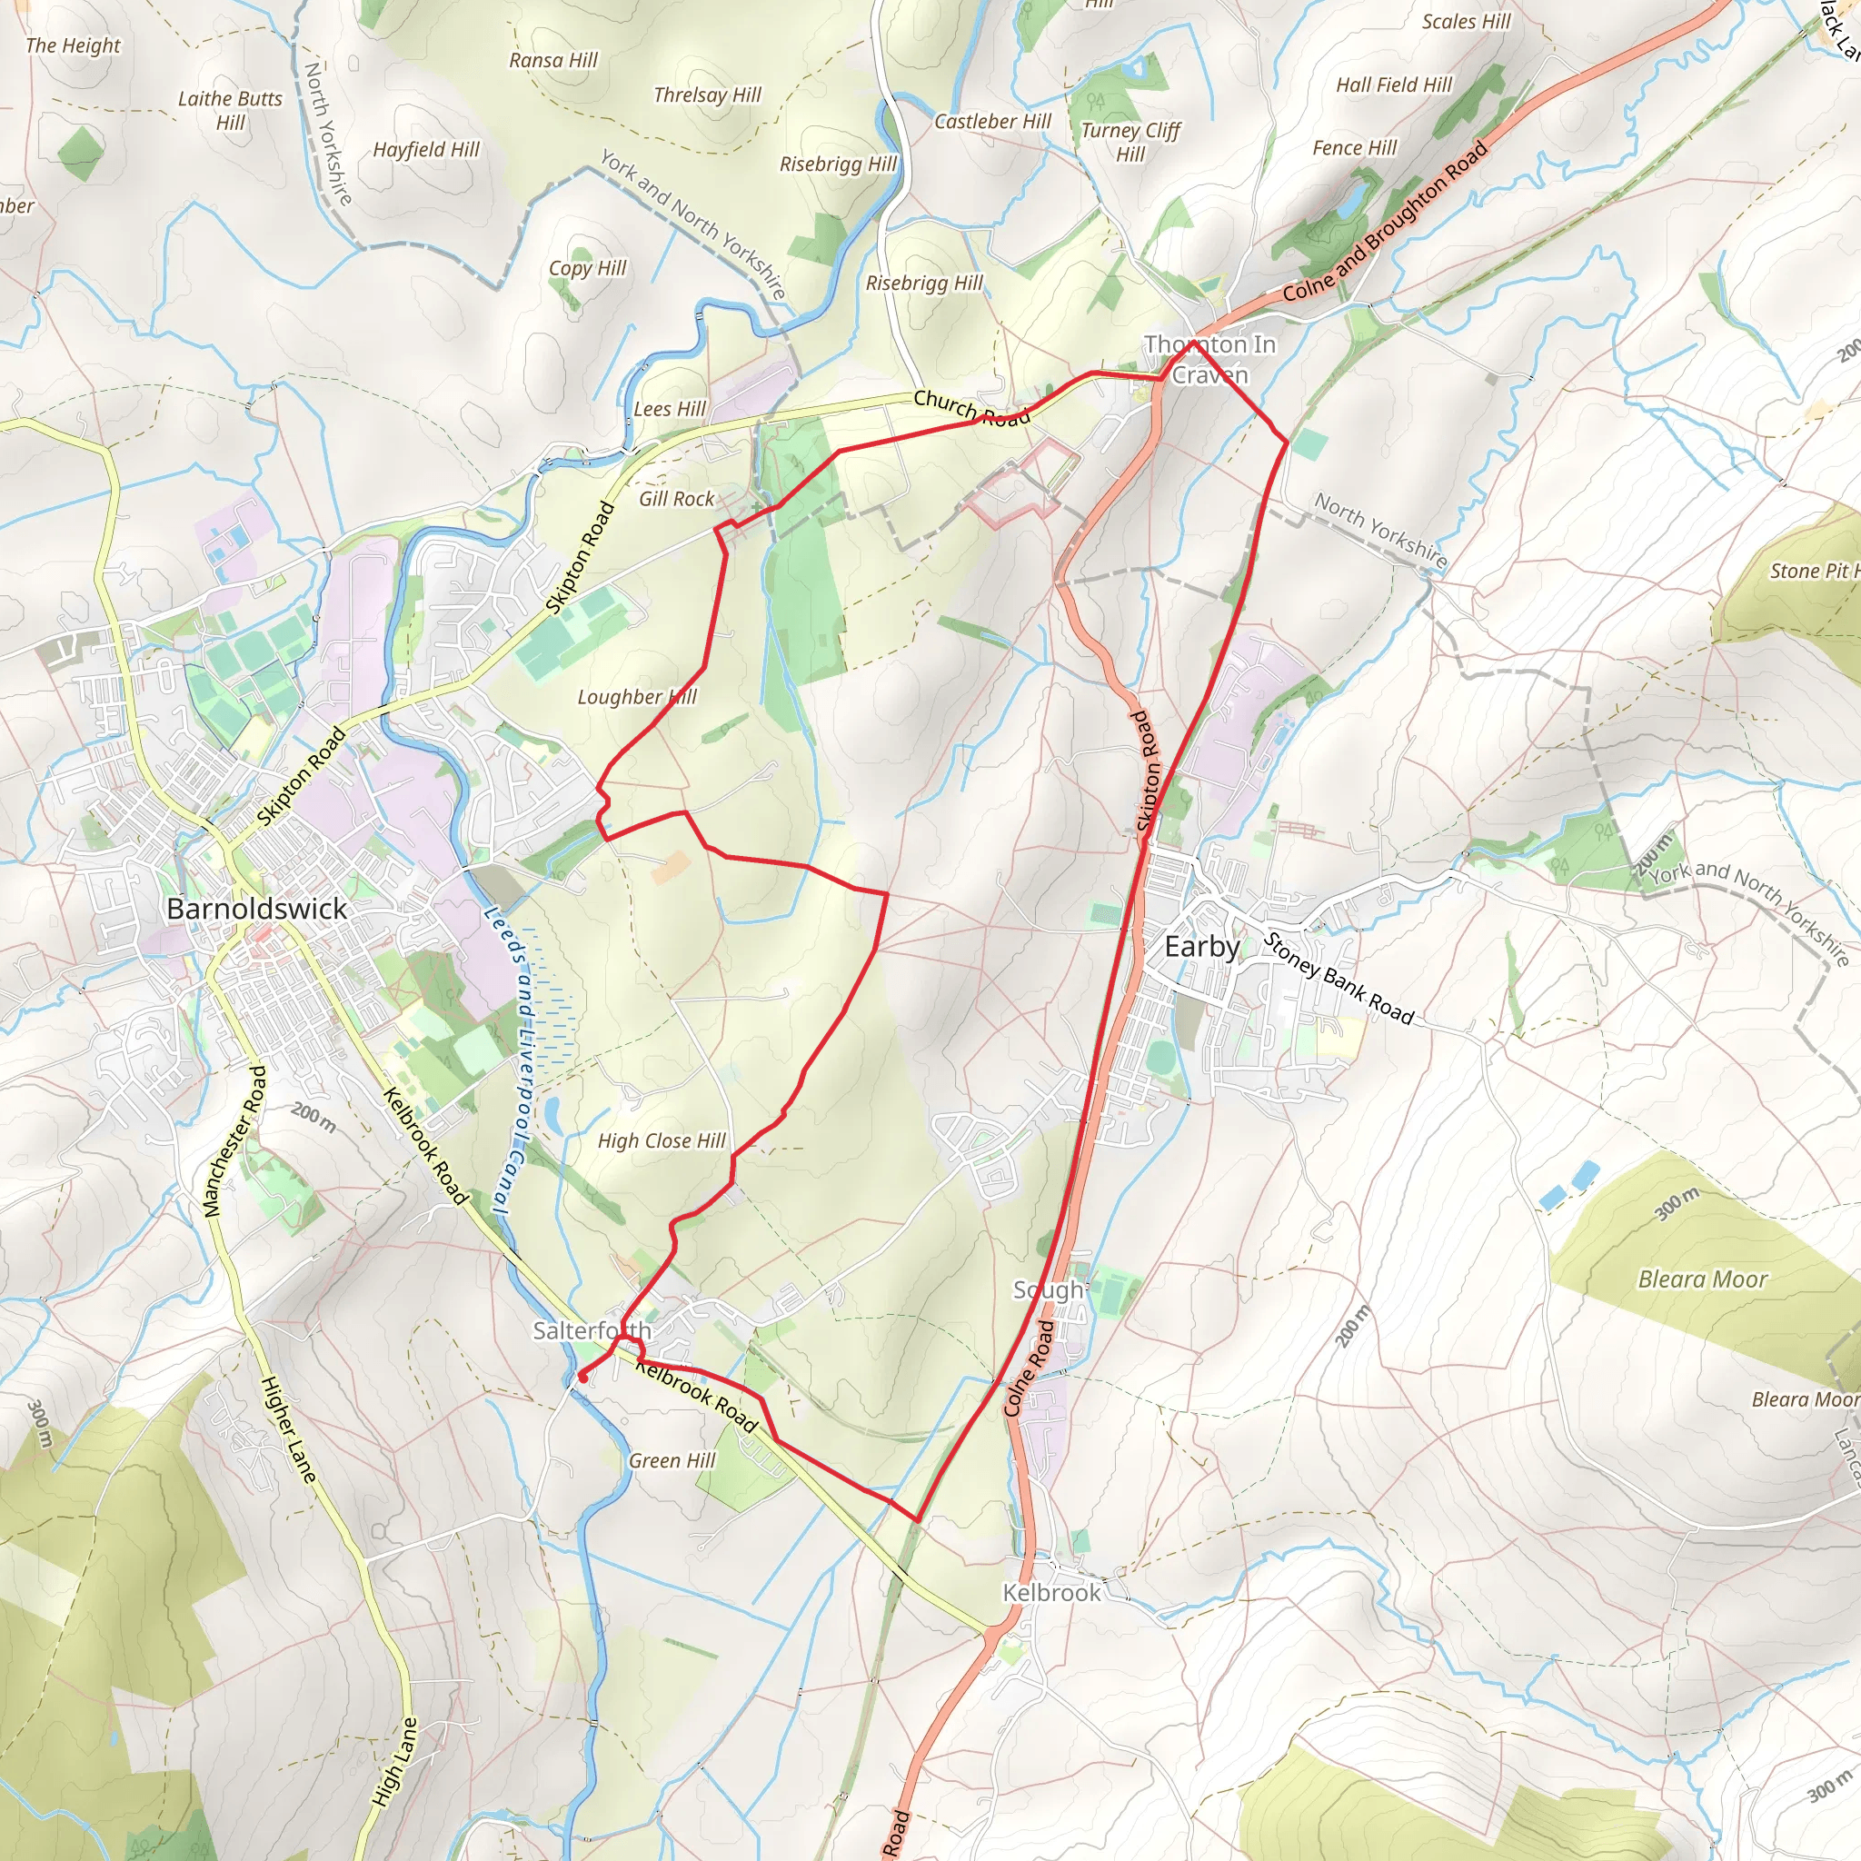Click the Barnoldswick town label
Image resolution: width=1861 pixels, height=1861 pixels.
click(x=256, y=909)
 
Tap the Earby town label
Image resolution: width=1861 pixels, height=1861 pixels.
click(x=1202, y=947)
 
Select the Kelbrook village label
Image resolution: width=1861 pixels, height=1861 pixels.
click(x=1051, y=1592)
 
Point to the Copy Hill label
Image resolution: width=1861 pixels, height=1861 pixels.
click(x=588, y=268)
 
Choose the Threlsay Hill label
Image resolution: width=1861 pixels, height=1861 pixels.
click(x=707, y=95)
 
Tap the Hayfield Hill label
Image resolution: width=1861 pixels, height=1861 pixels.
click(x=426, y=149)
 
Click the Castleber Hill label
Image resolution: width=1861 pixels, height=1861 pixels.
click(x=992, y=122)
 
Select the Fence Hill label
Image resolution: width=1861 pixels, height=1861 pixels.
click(x=1354, y=147)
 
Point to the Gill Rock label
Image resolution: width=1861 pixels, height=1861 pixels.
click(x=676, y=499)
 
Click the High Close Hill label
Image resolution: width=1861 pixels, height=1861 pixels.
click(x=662, y=1140)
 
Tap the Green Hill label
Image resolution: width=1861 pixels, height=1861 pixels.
click(x=672, y=1460)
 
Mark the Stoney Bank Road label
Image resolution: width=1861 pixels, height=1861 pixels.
click(x=1338, y=979)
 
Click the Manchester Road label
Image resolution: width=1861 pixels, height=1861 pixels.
click(x=234, y=1140)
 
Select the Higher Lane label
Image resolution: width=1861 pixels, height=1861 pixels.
click(x=288, y=1428)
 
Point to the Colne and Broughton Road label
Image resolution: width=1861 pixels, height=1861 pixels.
click(x=1385, y=222)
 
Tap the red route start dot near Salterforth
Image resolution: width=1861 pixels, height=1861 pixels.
click(x=582, y=1378)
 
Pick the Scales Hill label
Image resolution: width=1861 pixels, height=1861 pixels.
click(x=1466, y=21)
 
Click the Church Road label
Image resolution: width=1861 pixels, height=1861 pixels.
click(x=971, y=407)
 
